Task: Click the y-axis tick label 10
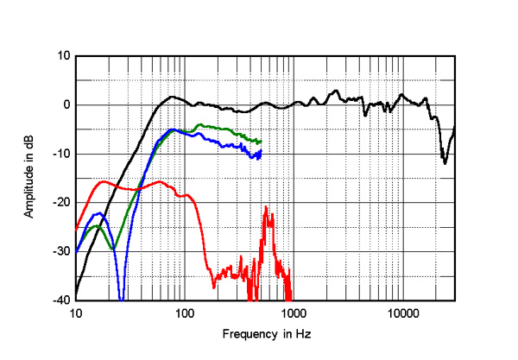pyautogui.click(x=62, y=56)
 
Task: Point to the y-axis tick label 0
pyautogui.click(x=66, y=105)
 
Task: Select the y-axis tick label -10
pyautogui.click(x=60, y=154)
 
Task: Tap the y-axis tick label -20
pyautogui.click(x=60, y=203)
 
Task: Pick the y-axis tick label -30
pyautogui.click(x=60, y=251)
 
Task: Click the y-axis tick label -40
pyautogui.click(x=60, y=300)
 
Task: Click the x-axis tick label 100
pyautogui.click(x=185, y=312)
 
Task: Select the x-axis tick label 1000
pyautogui.click(x=293, y=312)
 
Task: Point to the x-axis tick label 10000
pyautogui.click(x=401, y=312)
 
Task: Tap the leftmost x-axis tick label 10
pyautogui.click(x=76, y=312)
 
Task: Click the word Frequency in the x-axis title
pyautogui.click(x=246, y=333)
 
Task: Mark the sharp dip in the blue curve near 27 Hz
pyautogui.click(x=122, y=296)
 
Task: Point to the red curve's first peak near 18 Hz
pyautogui.click(x=104, y=181)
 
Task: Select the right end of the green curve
pyautogui.click(x=260, y=141)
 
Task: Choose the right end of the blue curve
pyautogui.click(x=260, y=152)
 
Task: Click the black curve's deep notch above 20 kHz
pyautogui.click(x=445, y=162)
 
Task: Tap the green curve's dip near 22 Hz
pyautogui.click(x=112, y=249)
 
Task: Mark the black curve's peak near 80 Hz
pyautogui.click(x=173, y=97)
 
